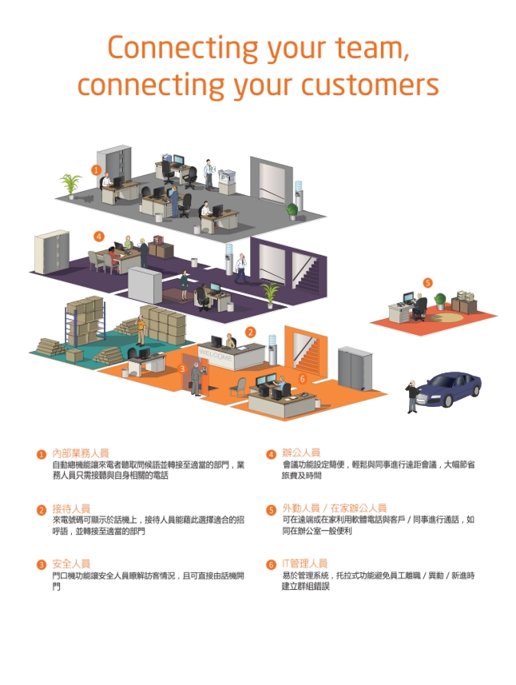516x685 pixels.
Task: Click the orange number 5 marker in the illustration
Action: (427, 282)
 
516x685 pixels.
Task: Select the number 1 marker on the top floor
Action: (96, 169)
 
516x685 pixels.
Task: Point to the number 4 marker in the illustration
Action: (98, 236)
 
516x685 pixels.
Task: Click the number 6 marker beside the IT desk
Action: (302, 378)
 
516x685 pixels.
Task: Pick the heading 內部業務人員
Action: (81, 453)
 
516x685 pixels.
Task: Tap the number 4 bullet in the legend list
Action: (272, 454)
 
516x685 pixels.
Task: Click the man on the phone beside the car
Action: (411, 396)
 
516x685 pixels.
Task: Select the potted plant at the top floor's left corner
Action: (71, 185)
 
